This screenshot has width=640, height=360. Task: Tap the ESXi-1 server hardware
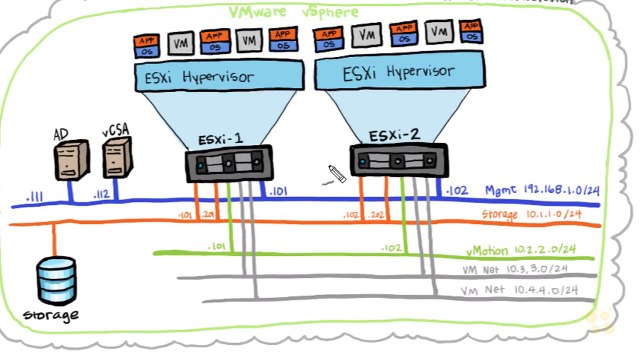229,164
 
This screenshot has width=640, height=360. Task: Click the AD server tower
66,160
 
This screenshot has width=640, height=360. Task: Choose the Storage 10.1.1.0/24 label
539,214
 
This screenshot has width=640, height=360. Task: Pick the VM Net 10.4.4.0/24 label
531,290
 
